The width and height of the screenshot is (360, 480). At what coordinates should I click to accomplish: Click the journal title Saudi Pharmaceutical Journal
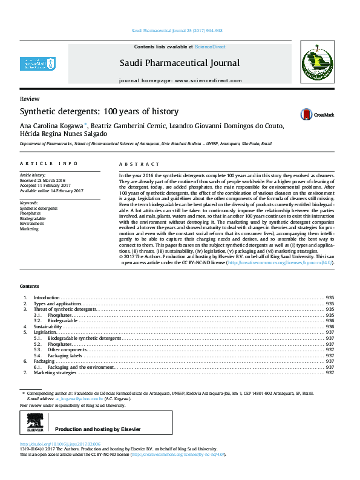[179, 63]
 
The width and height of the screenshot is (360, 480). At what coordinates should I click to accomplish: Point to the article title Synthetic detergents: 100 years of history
[99, 111]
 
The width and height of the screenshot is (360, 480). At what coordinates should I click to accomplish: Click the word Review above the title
[30, 99]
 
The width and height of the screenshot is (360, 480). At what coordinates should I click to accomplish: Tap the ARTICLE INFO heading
[49, 164]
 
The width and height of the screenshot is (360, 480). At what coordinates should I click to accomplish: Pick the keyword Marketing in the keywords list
[29, 229]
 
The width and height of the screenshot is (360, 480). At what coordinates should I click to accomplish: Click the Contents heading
[29, 285]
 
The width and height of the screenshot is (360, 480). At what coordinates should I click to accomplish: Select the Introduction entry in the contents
[47, 298]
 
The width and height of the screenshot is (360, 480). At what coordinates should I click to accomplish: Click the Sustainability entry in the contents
[48, 326]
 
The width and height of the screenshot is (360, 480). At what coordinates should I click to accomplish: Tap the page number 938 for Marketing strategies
[330, 373]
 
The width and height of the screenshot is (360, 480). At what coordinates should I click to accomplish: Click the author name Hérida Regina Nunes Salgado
[64, 134]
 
